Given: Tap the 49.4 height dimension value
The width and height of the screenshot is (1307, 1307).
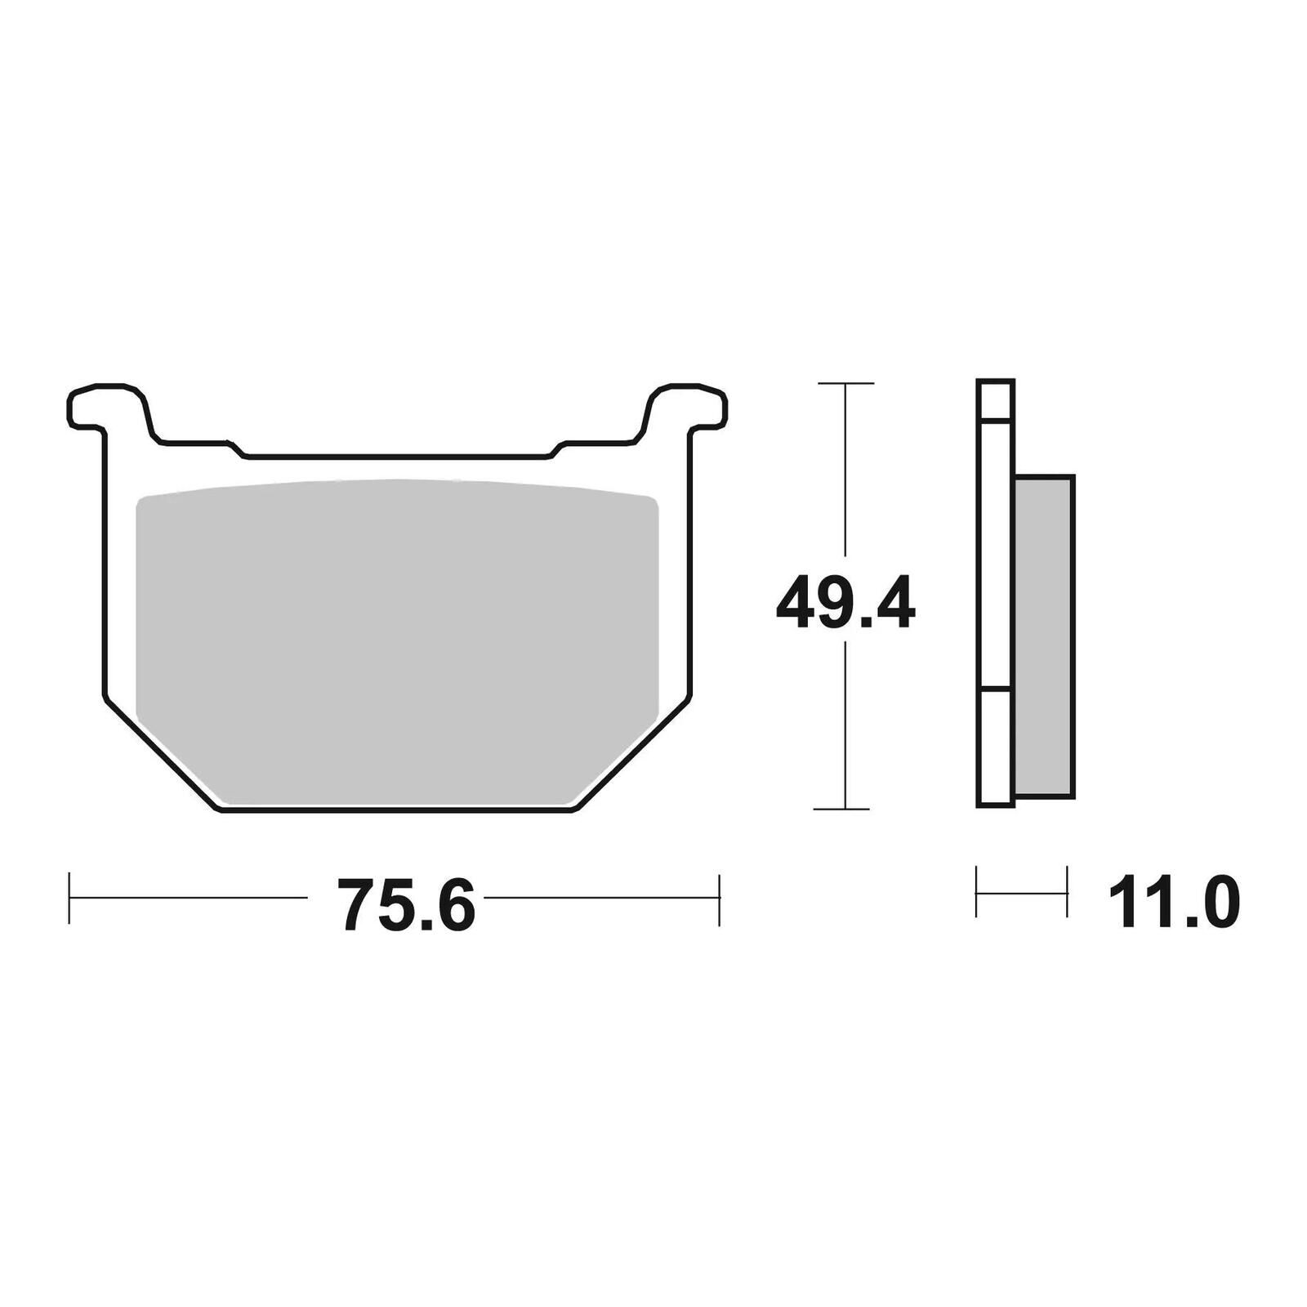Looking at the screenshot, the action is coord(845,603).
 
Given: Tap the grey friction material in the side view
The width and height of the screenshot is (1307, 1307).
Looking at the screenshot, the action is coord(1044,637).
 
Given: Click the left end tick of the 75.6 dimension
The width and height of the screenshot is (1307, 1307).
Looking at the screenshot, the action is coord(69,899).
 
